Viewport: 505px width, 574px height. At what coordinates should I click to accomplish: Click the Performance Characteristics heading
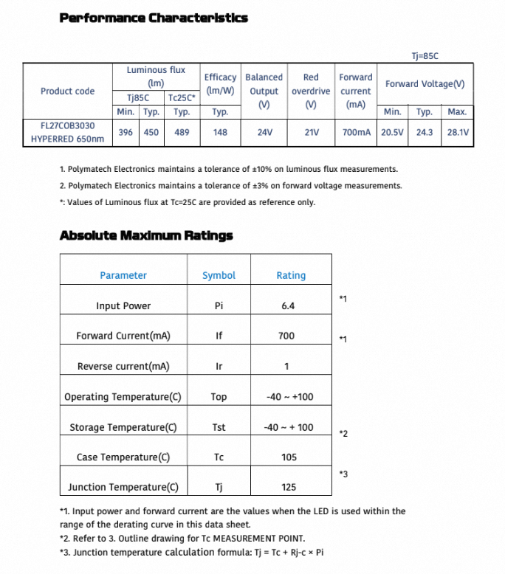[x=154, y=18]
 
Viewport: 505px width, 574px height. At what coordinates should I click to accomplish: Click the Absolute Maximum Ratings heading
[x=145, y=236]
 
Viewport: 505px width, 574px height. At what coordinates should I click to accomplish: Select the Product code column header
[x=67, y=91]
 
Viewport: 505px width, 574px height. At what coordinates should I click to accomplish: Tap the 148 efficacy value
[x=220, y=133]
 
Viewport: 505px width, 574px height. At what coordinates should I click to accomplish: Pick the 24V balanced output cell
[x=264, y=133]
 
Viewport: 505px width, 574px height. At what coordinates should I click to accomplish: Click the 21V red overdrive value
[x=311, y=133]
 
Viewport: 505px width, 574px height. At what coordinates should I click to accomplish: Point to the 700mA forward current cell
[x=356, y=133]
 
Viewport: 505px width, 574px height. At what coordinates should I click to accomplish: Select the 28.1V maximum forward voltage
[x=457, y=133]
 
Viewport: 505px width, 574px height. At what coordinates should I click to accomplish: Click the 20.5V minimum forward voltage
[x=392, y=133]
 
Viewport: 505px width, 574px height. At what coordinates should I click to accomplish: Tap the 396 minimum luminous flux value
[x=126, y=133]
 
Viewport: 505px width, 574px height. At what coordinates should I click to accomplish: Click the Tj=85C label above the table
[x=426, y=55]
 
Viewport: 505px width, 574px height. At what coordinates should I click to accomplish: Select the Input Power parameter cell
[x=123, y=306]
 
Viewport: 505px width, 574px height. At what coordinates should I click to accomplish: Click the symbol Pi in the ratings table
[x=219, y=306]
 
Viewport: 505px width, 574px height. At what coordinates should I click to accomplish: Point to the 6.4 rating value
[x=288, y=306]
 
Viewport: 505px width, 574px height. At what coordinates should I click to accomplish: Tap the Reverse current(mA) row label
[x=123, y=367]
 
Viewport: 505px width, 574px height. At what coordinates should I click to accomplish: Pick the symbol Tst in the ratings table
[x=219, y=427]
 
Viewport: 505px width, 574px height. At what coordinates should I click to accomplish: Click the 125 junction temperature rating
[x=289, y=487]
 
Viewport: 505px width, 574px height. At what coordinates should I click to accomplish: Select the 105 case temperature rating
[x=289, y=457]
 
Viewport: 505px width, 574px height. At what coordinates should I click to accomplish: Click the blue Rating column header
[x=291, y=275]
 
